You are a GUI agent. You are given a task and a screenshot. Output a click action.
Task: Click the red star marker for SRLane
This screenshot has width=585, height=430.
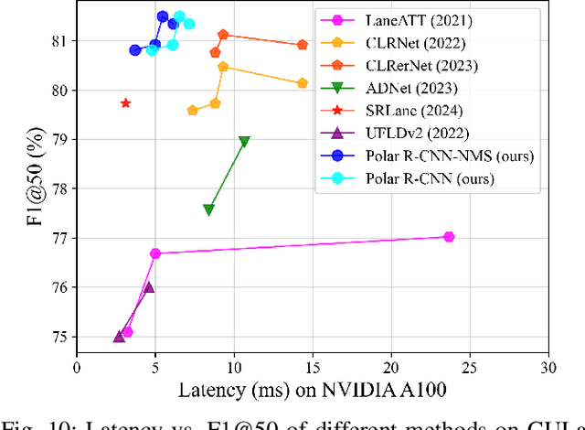(x=125, y=103)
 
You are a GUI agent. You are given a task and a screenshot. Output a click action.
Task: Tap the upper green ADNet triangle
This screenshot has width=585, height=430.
(x=244, y=142)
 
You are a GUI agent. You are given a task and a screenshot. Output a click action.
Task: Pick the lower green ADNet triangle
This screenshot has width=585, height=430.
(x=208, y=210)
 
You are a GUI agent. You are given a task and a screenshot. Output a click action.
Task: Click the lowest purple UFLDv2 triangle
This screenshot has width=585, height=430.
(x=119, y=337)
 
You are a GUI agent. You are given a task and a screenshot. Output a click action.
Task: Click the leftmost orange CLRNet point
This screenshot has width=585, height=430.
(x=192, y=111)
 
